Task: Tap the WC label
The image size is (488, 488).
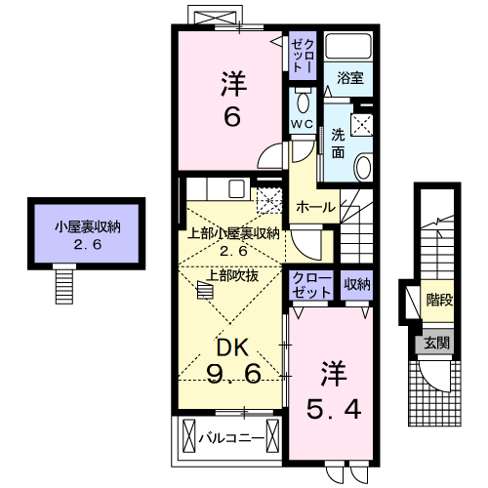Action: coord(301,123)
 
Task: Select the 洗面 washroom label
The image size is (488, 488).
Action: coord(337,142)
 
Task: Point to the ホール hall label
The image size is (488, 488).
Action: coord(315,207)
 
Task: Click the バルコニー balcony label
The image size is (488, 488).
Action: coord(231,436)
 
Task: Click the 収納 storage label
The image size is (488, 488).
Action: coord(357,284)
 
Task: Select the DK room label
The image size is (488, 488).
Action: coord(231,346)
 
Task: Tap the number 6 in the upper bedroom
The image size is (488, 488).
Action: coord(231,117)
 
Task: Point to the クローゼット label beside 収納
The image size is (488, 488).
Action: coord(311,284)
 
